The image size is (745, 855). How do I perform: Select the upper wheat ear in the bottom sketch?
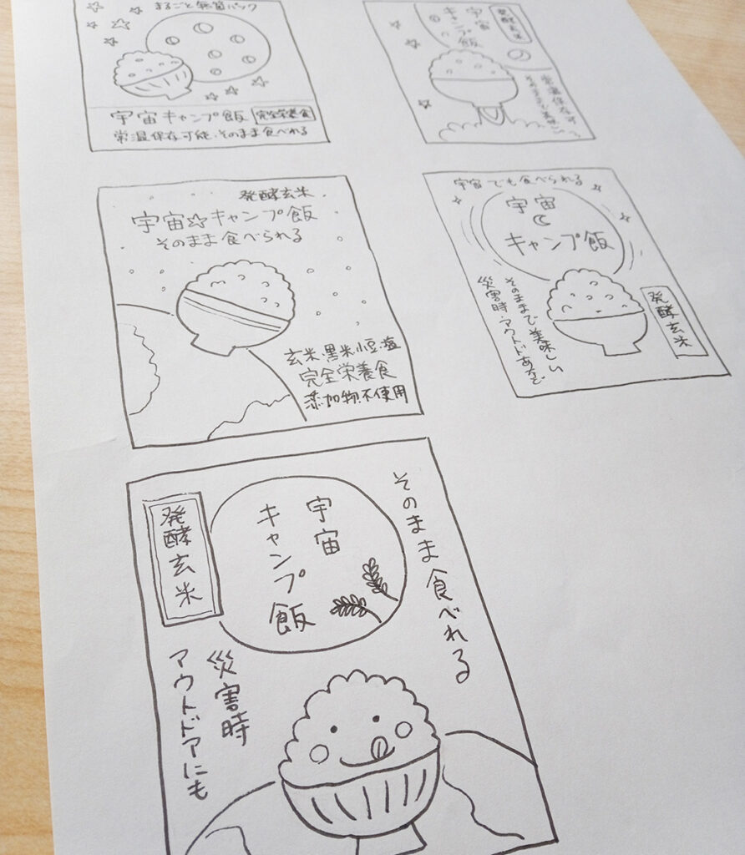(377, 578)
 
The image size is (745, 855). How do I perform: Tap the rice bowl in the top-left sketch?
(152, 76)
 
